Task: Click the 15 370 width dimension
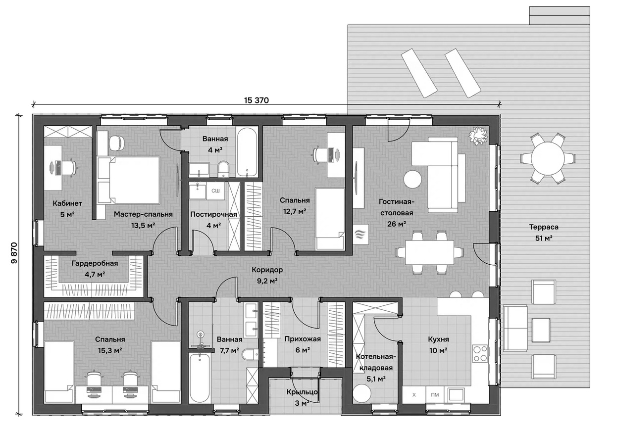pos(256,100)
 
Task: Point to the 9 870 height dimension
pos(14,253)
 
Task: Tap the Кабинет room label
pos(67,203)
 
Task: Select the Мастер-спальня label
pos(143,214)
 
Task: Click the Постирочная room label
pos(213,214)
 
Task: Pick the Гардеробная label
pos(95,263)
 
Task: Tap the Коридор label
pos(267,270)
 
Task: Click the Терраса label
pos(544,227)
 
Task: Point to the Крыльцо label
pos(302,392)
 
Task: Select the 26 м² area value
pos(397,224)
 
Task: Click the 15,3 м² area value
pos(110,350)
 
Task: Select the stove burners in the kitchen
pos(480,353)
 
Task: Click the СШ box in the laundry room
pos(216,191)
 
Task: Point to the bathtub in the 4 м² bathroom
pos(247,151)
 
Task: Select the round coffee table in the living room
pos(412,180)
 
